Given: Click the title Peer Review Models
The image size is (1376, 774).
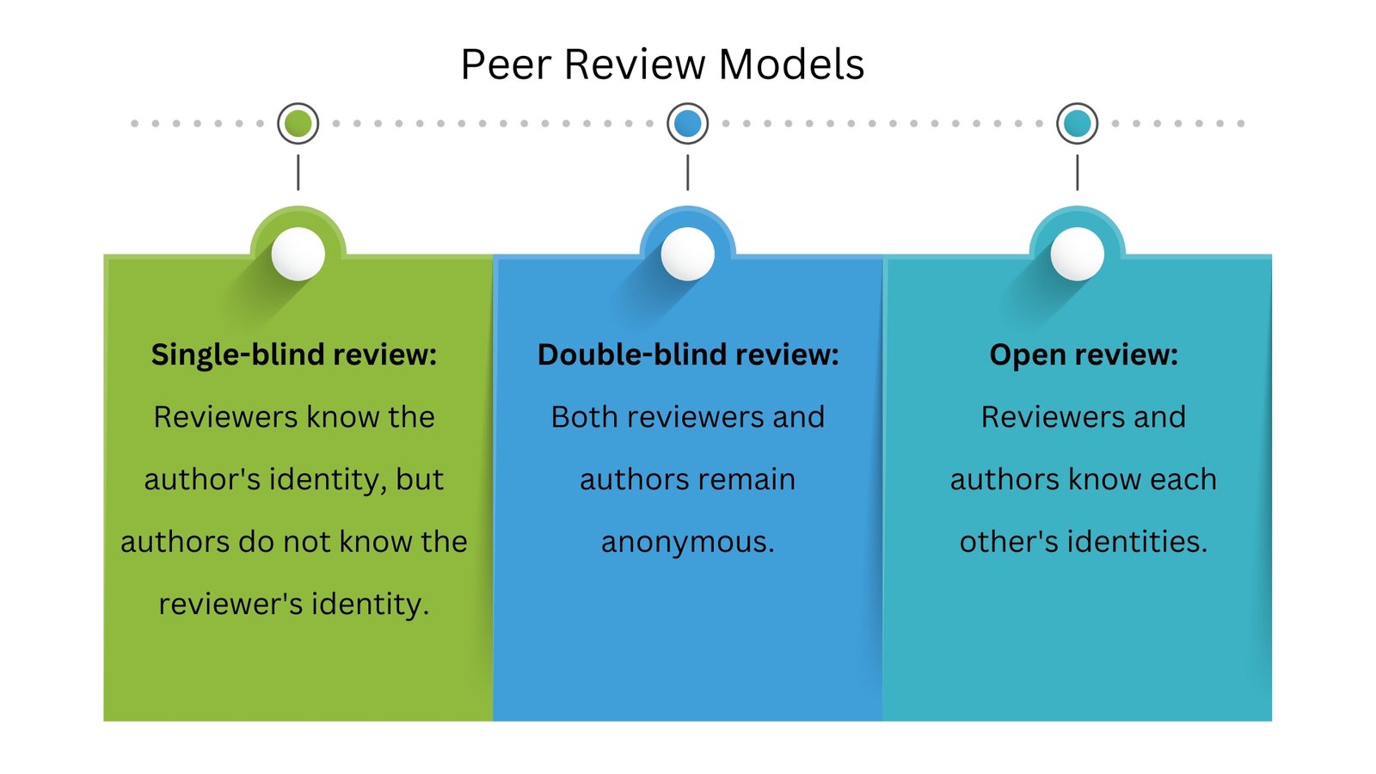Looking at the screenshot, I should pyautogui.click(x=662, y=64).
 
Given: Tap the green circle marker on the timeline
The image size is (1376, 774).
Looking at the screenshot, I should pyautogui.click(x=298, y=124).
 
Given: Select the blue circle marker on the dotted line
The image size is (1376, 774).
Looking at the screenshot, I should pyautogui.click(x=688, y=124).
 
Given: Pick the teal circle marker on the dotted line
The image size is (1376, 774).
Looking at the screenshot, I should pyautogui.click(x=1078, y=124).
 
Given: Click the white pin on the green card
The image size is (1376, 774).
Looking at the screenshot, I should pyautogui.click(x=298, y=254).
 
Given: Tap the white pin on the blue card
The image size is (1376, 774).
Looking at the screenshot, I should pyautogui.click(x=688, y=254).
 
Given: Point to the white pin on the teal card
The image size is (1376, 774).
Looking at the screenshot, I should pyautogui.click(x=1078, y=254).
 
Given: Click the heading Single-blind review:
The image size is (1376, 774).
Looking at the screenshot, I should pyautogui.click(x=294, y=354).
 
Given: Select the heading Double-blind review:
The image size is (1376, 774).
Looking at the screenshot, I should pyautogui.click(x=688, y=354).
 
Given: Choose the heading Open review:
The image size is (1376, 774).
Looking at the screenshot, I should pyautogui.click(x=1084, y=354).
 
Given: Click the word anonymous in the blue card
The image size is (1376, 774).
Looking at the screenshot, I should pyautogui.click(x=685, y=543).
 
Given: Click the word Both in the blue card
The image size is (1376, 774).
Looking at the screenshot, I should pyautogui.click(x=584, y=417).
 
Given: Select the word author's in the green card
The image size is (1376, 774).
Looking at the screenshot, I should pyautogui.click(x=202, y=479).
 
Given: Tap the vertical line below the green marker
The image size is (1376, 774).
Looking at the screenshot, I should pyautogui.click(x=298, y=173).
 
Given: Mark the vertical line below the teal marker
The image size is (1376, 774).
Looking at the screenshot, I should pyautogui.click(x=1078, y=173).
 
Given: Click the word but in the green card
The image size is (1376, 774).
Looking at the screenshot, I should pyautogui.click(x=420, y=479).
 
